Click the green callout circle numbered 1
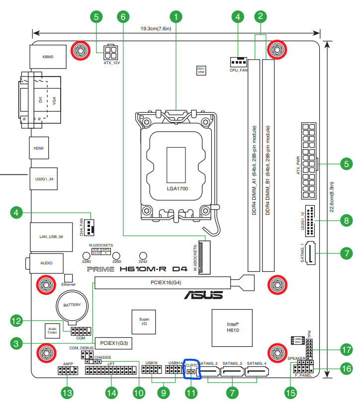pos(175,16)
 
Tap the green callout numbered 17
pos(346,350)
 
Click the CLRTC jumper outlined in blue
pos(192,370)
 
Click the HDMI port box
pos(38,148)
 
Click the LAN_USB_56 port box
pos(48,237)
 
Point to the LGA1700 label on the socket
pos(177,189)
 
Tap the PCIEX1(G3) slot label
pos(114,343)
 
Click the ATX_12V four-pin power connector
pos(111,52)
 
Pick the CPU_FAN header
pos(239,62)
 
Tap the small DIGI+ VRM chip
pos(201,70)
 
